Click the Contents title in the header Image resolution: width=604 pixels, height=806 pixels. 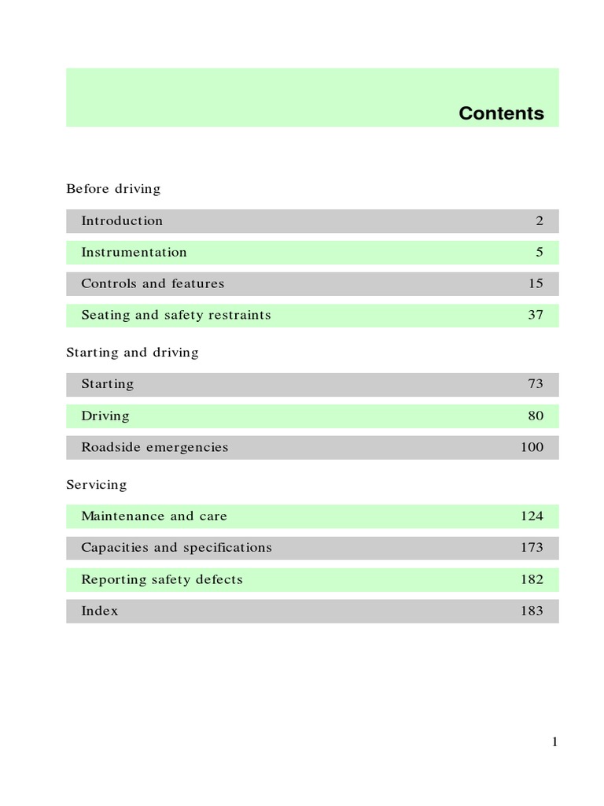(501, 113)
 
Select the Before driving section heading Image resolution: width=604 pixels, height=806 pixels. (113, 189)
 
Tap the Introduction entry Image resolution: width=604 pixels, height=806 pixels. (122, 221)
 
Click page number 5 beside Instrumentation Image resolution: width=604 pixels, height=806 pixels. (540, 253)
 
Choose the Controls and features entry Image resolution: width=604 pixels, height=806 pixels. (153, 284)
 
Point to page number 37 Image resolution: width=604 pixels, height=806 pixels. (536, 316)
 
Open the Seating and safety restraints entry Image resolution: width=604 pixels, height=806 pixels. (176, 316)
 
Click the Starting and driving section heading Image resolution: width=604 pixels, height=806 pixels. (132, 353)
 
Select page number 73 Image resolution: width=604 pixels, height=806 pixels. (536, 384)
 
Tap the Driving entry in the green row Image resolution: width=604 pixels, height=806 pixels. (105, 416)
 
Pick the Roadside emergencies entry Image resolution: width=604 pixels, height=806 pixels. (155, 447)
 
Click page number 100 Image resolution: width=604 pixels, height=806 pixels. (532, 447)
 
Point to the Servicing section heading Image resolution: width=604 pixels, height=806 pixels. (96, 485)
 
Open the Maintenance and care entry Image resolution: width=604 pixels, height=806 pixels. (154, 516)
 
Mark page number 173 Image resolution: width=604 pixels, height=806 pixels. (532, 548)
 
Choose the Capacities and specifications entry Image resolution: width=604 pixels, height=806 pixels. (176, 548)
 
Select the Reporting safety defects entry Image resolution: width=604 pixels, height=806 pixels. (162, 579)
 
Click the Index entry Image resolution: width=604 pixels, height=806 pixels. (100, 611)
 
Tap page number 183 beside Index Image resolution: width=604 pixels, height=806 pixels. (532, 611)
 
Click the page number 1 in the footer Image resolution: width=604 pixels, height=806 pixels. (554, 741)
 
